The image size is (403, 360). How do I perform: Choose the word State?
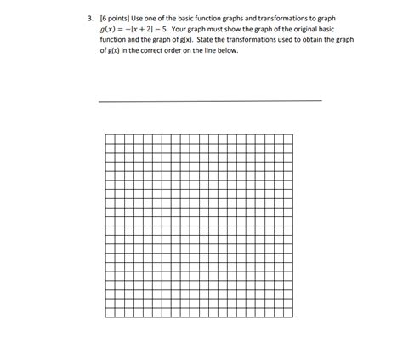[x=238, y=39]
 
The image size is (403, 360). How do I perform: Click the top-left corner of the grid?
[x=105, y=134]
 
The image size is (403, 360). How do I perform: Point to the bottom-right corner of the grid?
[x=293, y=317]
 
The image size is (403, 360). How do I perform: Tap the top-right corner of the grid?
[x=293, y=134]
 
